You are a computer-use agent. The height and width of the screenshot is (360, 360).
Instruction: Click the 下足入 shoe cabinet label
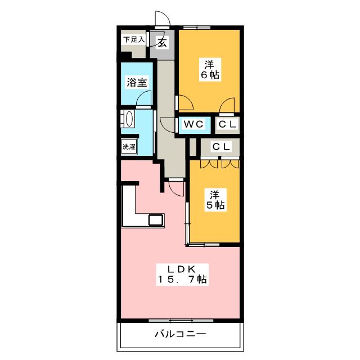134,40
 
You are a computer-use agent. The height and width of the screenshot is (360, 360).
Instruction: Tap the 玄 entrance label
163,43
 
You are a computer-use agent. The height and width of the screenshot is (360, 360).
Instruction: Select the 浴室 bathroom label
137,82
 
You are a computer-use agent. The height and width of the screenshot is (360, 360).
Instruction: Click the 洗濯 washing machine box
129,147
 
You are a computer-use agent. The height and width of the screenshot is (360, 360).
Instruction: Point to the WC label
193,124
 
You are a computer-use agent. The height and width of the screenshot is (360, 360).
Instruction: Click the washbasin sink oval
130,119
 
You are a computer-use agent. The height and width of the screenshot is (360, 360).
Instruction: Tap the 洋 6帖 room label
210,70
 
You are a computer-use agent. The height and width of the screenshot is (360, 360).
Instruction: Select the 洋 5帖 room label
215,200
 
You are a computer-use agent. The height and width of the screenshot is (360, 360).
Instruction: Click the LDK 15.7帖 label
182,274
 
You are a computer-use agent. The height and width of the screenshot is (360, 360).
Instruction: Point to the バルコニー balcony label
181,334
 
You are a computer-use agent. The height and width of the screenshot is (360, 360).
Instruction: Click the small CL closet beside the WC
227,124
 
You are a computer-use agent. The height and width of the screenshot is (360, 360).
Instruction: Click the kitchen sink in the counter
156,220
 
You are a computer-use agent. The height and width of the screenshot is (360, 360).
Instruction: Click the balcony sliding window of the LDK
181,321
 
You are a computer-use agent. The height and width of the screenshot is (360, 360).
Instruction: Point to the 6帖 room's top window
197,28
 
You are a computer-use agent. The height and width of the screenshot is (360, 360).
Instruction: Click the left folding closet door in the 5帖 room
209,164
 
